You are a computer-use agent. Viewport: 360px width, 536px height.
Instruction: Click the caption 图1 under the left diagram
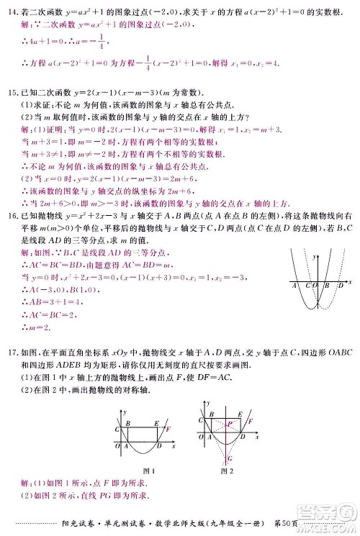(149, 471)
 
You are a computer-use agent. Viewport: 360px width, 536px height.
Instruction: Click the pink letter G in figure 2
(230, 458)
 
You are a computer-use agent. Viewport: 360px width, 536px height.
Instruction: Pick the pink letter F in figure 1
(168, 430)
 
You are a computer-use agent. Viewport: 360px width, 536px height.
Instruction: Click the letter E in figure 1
(157, 424)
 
